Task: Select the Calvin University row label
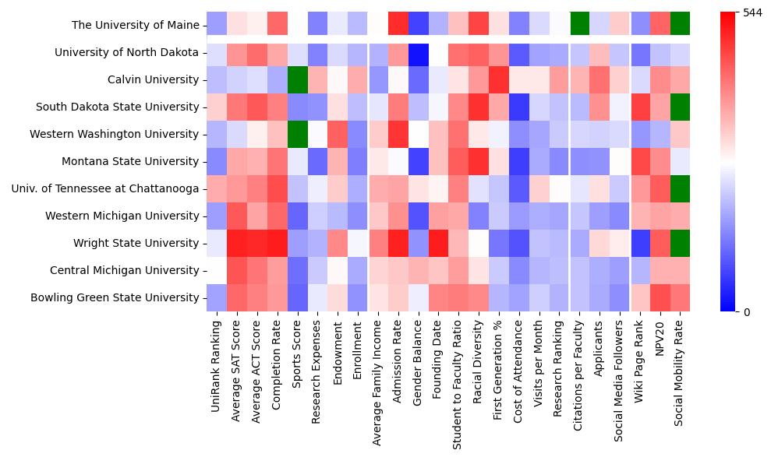(153, 79)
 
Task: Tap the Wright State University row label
(137, 243)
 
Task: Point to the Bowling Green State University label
(115, 297)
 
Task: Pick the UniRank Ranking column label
(217, 358)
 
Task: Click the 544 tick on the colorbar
(752, 13)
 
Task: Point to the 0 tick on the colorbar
(747, 312)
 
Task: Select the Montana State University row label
(135, 161)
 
